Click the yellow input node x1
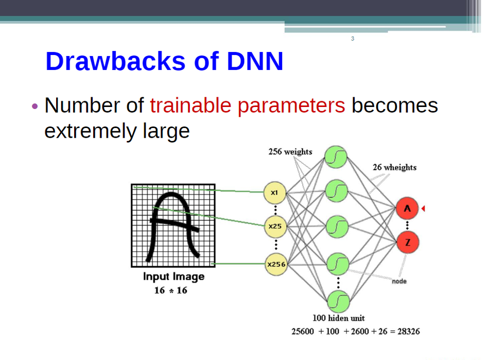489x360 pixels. click(x=275, y=193)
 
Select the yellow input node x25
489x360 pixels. click(x=275, y=226)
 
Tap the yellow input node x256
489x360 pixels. click(x=276, y=264)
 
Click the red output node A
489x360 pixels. click(x=407, y=208)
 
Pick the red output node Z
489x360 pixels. click(x=408, y=242)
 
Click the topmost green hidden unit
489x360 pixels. click(x=336, y=157)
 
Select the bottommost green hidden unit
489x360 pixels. click(x=338, y=301)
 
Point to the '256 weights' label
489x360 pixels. click(x=290, y=152)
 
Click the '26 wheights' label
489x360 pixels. click(x=394, y=167)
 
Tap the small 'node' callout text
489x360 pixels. click(x=399, y=281)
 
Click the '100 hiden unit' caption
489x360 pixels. click(x=339, y=318)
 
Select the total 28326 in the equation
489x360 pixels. click(x=409, y=331)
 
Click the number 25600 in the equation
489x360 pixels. click(x=303, y=331)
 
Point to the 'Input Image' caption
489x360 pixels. click(x=173, y=277)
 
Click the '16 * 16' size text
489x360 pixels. click(x=170, y=291)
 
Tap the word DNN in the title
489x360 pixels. click(x=255, y=61)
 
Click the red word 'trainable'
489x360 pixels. click(x=190, y=105)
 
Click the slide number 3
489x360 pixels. click(x=353, y=39)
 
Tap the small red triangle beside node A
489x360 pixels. click(x=423, y=208)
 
